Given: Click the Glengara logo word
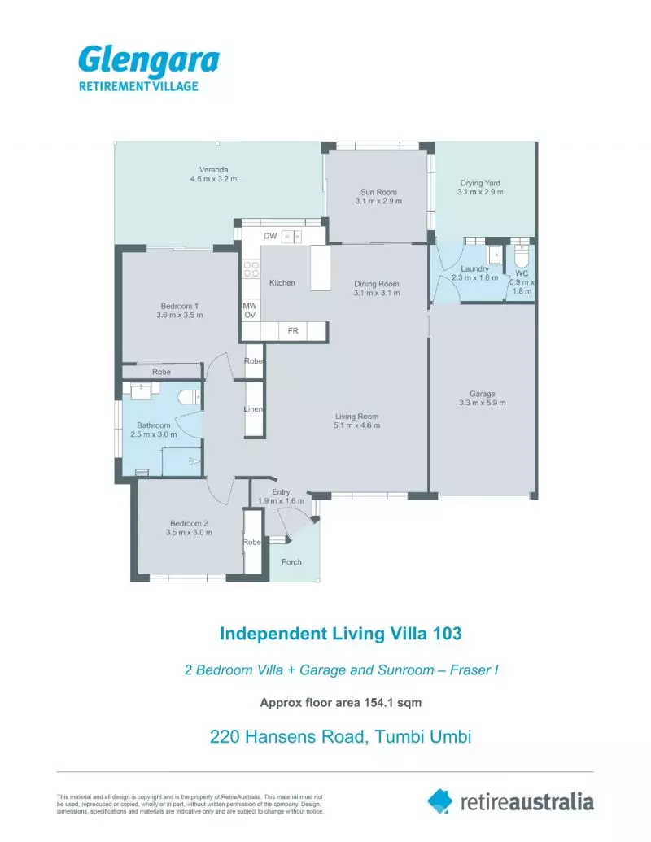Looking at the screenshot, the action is (149, 61).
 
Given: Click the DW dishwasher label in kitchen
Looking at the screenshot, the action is (270, 236).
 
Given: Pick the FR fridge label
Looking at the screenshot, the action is (293, 331).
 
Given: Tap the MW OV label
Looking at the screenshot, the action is (250, 311).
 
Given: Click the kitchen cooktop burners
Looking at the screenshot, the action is (251, 269).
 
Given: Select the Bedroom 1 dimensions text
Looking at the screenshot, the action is (180, 315).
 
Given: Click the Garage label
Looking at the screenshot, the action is (483, 394).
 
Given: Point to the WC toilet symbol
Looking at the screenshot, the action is (521, 256).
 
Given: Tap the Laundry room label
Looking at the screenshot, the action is (474, 268).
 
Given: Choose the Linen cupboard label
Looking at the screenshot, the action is (253, 408).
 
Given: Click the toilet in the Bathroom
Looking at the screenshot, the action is (189, 397).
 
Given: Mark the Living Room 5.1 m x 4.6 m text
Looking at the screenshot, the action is (356, 421).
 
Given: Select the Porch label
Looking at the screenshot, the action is (291, 561).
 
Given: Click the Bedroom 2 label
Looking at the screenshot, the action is (189, 523).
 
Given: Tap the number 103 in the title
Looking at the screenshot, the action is (447, 634).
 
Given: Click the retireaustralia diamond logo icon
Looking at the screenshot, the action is (440, 801).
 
